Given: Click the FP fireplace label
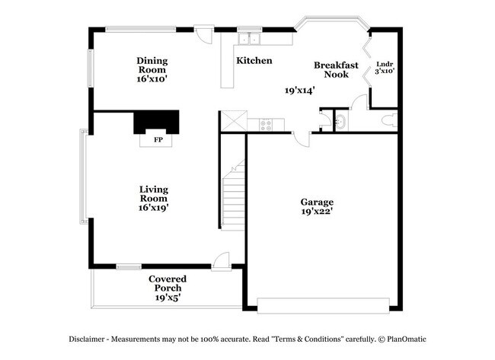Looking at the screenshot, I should tap(158, 141).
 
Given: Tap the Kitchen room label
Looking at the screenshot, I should tap(254, 61).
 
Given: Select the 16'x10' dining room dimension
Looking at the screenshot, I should tap(152, 78).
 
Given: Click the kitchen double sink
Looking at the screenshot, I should tap(249, 39).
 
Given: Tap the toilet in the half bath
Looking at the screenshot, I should tap(388, 119).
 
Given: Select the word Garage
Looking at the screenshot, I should tap(316, 202).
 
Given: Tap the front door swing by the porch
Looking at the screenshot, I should tap(221, 260).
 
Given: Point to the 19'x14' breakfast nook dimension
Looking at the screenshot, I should tap(300, 90).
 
